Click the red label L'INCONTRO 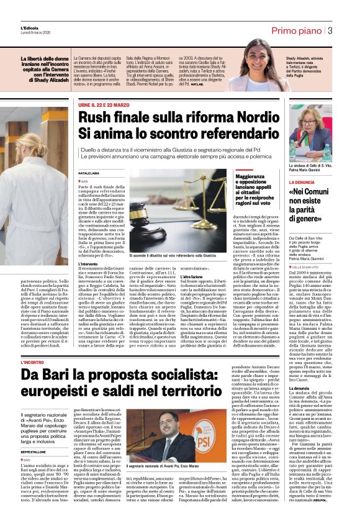click(x=32, y=362)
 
